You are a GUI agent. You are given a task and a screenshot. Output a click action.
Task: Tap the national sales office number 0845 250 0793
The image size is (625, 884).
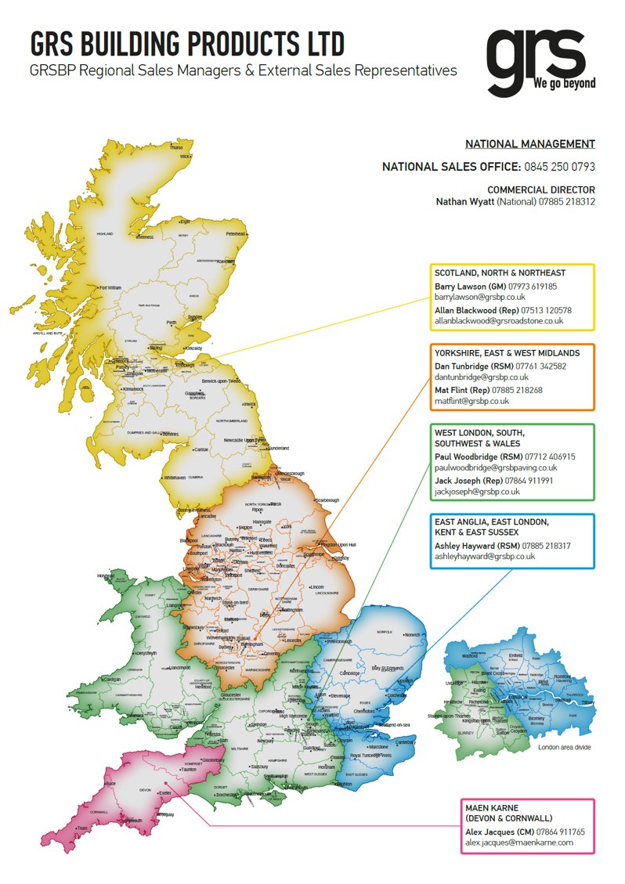(x=559, y=167)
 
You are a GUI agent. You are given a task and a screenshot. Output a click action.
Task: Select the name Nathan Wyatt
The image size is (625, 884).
(x=463, y=202)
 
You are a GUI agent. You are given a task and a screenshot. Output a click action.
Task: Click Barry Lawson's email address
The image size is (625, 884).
(x=479, y=298)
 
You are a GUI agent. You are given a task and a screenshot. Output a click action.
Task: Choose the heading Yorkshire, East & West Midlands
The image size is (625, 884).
(x=507, y=354)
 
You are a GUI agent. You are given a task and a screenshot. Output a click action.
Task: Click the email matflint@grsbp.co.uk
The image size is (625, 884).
(x=471, y=401)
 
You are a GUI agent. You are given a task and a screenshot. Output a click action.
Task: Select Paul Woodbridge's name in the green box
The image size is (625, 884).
(x=468, y=456)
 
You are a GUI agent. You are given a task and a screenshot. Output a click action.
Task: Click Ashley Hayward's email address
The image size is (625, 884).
(x=484, y=556)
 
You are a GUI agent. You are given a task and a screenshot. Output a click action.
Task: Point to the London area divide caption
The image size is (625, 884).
(x=564, y=748)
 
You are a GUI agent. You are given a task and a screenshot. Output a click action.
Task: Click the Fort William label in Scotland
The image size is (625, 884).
(x=110, y=287)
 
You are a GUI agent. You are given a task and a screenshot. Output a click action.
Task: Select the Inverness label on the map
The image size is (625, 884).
(x=145, y=236)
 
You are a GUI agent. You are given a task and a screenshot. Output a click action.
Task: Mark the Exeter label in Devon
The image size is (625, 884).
(x=164, y=793)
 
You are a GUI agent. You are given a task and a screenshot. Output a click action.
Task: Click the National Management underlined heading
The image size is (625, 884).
(x=529, y=144)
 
